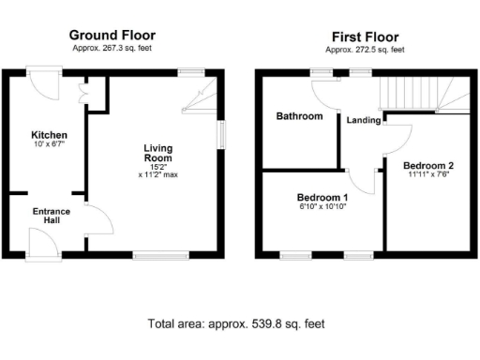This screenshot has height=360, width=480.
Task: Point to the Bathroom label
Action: point(298,116)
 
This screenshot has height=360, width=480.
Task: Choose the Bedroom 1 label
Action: point(322,197)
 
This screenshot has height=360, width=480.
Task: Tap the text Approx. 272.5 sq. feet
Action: point(366,49)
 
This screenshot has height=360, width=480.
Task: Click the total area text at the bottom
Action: point(236,324)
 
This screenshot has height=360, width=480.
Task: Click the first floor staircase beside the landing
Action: point(422,94)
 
